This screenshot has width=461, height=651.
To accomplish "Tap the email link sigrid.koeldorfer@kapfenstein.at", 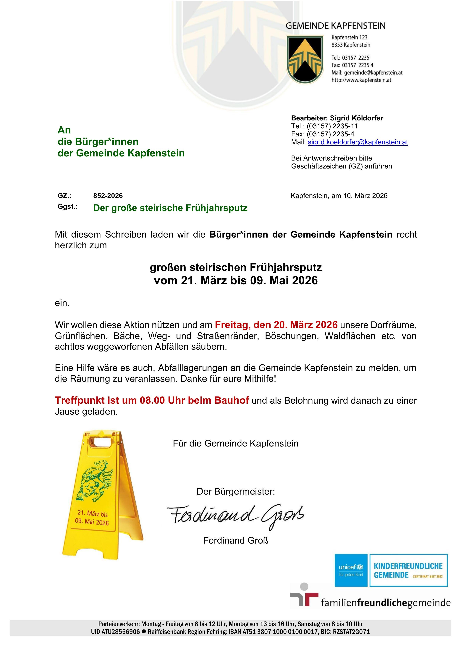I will point(358,142).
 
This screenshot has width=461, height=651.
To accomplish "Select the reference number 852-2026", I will point(108,196).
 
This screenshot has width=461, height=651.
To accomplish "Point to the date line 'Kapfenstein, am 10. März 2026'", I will point(339,196).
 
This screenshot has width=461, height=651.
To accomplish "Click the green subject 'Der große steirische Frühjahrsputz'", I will point(170,208).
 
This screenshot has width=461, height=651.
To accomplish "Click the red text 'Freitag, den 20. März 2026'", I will point(276,324).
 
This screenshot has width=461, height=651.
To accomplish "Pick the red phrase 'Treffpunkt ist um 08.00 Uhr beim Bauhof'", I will point(152,400).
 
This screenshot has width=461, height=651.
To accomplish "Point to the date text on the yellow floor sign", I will point(92,518).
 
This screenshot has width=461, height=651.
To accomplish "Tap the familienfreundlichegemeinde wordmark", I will point(386,603).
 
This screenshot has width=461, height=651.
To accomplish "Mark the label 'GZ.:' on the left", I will point(64,196).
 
